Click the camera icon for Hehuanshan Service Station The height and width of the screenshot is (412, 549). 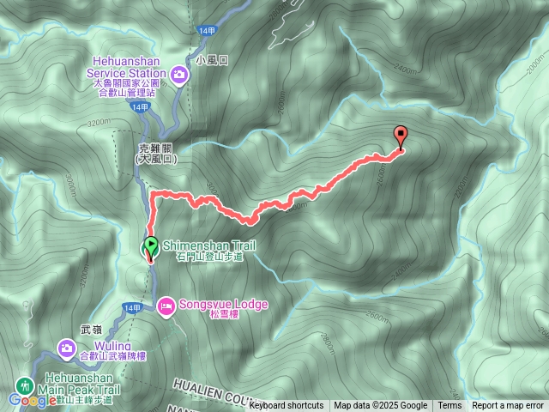click(x=178, y=74)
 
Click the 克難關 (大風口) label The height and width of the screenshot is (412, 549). click(x=157, y=153)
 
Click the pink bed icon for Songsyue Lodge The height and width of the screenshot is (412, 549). click(x=166, y=305)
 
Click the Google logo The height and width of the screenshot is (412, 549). click(x=32, y=400)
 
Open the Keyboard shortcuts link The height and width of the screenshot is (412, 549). click(x=287, y=406)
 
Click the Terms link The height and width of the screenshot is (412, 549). click(x=449, y=406)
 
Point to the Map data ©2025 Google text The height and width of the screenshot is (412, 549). click(x=380, y=406)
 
